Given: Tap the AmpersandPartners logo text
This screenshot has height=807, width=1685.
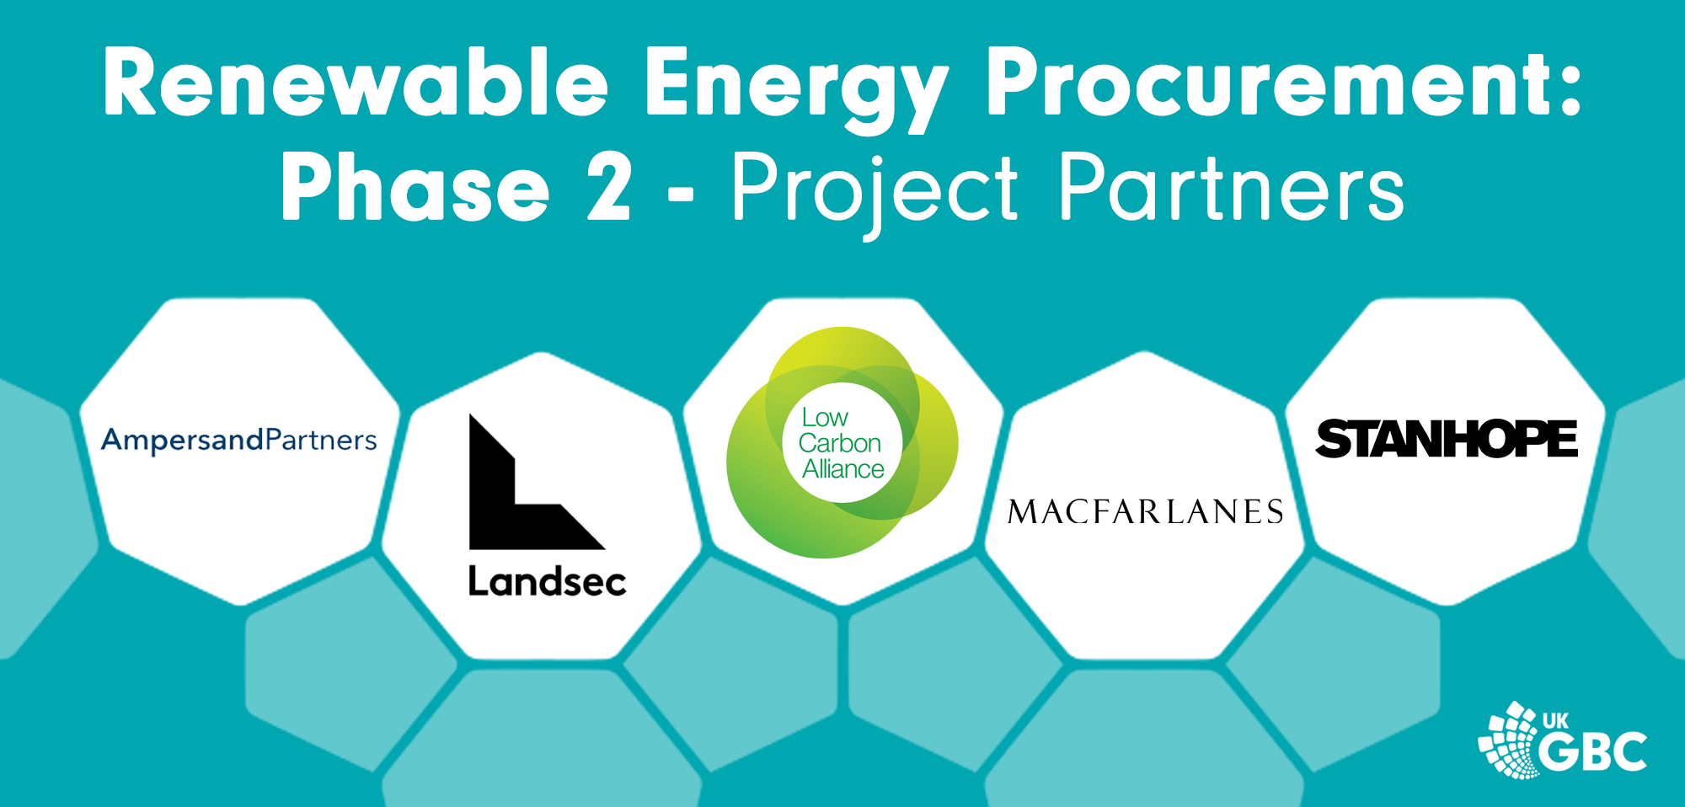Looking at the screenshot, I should [x=239, y=441].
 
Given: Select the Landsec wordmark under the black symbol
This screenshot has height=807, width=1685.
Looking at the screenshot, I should [x=547, y=581].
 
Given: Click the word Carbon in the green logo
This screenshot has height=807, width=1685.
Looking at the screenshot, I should [x=839, y=443].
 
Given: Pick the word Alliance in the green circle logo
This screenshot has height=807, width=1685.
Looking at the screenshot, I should [x=842, y=469].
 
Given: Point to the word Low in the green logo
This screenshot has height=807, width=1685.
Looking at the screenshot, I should [x=825, y=418].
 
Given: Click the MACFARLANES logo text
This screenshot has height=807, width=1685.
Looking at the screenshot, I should [x=1145, y=511].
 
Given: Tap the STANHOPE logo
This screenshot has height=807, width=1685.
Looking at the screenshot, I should [x=1447, y=439].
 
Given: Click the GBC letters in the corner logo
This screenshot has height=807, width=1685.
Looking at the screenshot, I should [x=1593, y=751].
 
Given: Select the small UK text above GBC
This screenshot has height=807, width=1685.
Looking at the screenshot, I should [x=1555, y=721].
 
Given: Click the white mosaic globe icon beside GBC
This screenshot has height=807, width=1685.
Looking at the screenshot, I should [x=1508, y=740].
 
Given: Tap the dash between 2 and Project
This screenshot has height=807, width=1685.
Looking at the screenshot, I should [x=680, y=195].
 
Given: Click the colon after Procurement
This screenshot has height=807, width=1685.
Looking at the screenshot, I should [x=1570, y=84].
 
